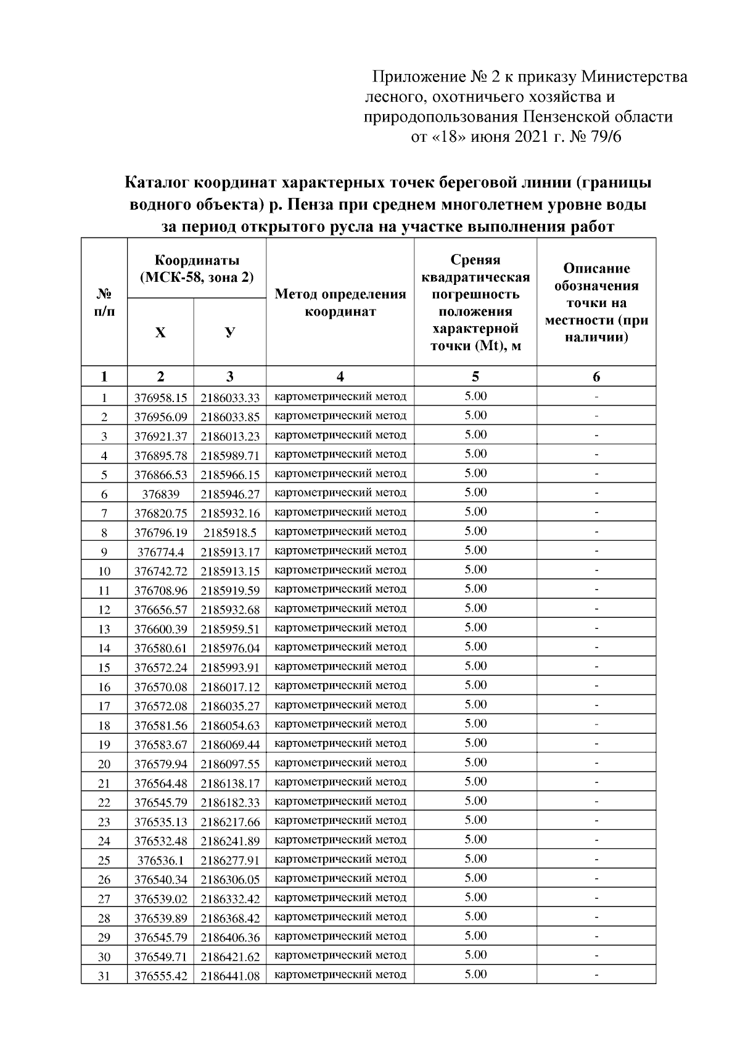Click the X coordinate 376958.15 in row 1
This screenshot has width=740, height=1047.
pos(160,398)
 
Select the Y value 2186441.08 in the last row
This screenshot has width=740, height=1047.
pos(230,976)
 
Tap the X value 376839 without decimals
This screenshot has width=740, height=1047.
pos(160,495)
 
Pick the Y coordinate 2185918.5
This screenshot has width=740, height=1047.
pos(230,533)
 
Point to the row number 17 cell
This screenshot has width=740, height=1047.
pos(104,706)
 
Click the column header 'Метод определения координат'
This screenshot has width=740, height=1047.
pos(340,303)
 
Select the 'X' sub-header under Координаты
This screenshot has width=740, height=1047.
pos(160,333)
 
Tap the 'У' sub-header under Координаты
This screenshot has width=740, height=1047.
pos(230,333)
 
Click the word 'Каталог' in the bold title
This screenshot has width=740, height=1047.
pos(157,183)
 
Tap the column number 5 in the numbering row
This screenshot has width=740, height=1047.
pos(475,377)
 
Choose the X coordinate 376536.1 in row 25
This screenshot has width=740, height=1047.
pos(160,860)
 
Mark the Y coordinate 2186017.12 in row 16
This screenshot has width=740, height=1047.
pos(230,687)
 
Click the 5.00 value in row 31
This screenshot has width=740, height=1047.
pos(475,974)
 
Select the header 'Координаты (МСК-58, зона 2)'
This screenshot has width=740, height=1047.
pos(197,269)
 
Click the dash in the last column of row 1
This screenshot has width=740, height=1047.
pos(596,396)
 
